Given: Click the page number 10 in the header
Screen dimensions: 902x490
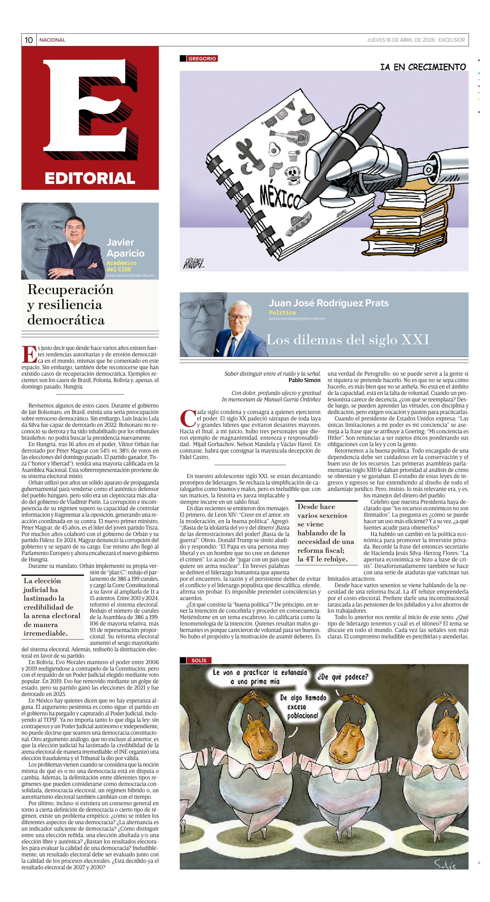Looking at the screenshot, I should click(x=29, y=40).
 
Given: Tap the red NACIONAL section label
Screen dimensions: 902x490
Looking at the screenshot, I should click(x=52, y=40).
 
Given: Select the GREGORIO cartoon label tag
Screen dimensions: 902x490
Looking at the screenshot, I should click(x=202, y=59).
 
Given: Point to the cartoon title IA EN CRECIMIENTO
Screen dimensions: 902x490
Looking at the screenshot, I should click(x=423, y=67).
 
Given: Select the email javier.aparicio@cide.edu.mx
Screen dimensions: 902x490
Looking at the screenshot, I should click(x=130, y=275).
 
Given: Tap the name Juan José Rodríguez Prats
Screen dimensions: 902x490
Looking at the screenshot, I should click(x=328, y=303).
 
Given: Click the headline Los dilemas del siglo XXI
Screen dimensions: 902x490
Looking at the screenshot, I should click(x=348, y=339).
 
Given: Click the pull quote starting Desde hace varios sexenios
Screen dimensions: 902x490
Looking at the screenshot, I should click(x=326, y=532).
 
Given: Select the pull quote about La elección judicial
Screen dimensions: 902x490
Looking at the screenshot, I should click(x=52, y=606).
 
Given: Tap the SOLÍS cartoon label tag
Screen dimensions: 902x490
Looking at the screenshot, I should click(x=199, y=660).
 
